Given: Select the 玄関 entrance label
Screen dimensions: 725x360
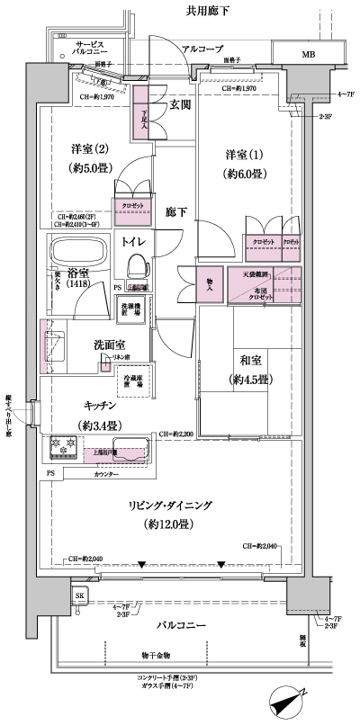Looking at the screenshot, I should tap(180, 105).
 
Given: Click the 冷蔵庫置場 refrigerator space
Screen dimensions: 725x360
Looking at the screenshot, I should tap(133, 380).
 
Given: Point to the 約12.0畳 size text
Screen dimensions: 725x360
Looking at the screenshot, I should tap(163, 524).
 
